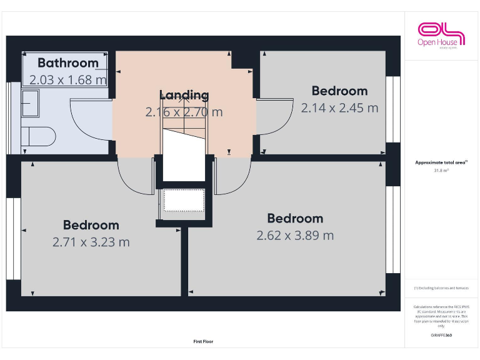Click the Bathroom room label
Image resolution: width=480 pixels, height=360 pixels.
pyautogui.click(x=68, y=62)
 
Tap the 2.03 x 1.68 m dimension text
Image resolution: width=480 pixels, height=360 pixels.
pyautogui.click(x=68, y=79)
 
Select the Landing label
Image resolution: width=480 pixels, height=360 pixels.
pyautogui.click(x=184, y=95)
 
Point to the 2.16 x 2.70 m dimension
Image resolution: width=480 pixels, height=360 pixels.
pyautogui.click(x=184, y=112)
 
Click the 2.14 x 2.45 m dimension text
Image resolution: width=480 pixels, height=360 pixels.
pyautogui.click(x=339, y=107)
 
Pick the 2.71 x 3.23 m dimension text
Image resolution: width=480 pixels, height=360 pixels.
pyautogui.click(x=91, y=242)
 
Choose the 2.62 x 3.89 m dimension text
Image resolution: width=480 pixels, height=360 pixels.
pyautogui.click(x=295, y=236)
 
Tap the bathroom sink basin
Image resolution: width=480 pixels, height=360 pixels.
pyautogui.click(x=30, y=103)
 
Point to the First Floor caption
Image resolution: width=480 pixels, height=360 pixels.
pyautogui.click(x=203, y=342)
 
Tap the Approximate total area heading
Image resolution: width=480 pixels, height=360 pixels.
pyautogui.click(x=441, y=162)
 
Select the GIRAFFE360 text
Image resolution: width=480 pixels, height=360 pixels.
pyautogui.click(x=441, y=336)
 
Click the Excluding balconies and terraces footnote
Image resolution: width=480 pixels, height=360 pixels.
pyautogui.click(x=441, y=288)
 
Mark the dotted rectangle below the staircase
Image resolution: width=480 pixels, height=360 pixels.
pyautogui.click(x=184, y=201)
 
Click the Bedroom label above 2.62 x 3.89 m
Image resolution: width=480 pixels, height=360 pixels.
pyautogui.click(x=295, y=218)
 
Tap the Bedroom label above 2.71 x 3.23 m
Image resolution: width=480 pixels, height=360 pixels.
pyautogui.click(x=91, y=225)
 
